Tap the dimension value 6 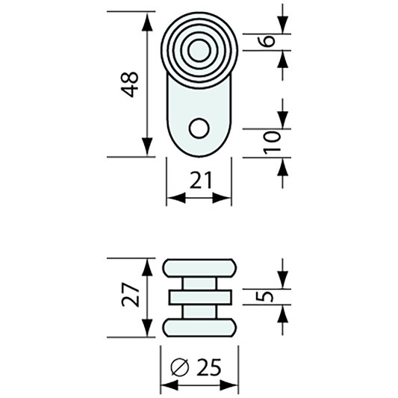270,40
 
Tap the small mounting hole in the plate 199,128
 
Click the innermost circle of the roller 199,52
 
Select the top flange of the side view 199,268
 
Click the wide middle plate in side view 199,297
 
